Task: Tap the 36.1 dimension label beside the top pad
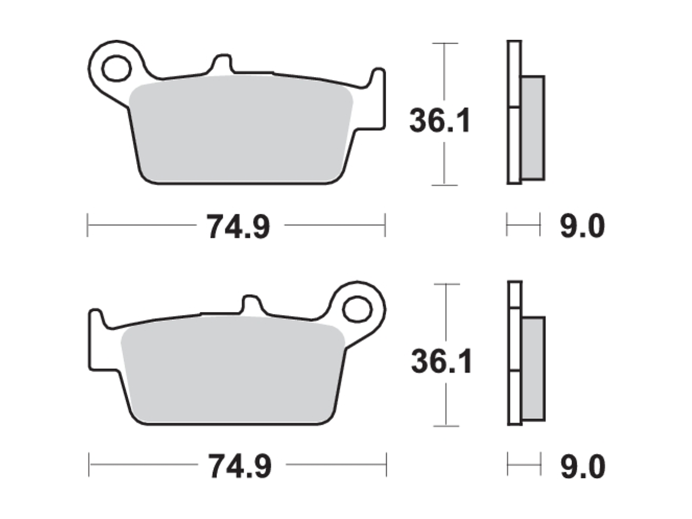point(440,120)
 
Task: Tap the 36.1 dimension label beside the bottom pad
point(442,361)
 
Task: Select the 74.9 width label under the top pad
point(239,227)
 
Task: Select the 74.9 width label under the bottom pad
point(240,466)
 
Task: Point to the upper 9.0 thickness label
point(583,226)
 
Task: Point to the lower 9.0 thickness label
point(583,467)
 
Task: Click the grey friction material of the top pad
point(241,129)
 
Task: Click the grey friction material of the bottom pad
point(232,370)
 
